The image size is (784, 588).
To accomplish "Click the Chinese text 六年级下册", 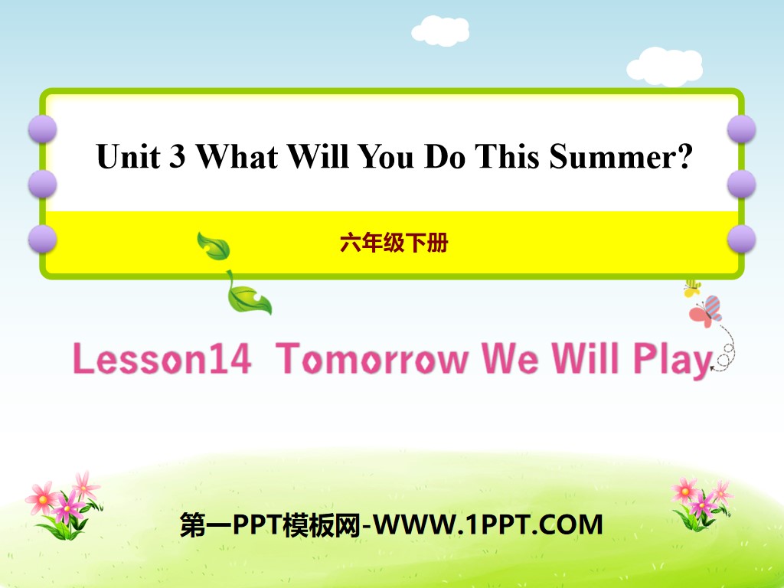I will click(394, 243).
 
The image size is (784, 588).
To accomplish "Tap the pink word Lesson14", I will click(162, 359).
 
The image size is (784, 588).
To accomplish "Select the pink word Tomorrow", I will click(373, 359).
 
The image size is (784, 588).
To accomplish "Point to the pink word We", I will click(506, 359).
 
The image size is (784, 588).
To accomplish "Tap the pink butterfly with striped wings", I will click(706, 311).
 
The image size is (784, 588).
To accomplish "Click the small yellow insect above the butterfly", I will click(692, 288).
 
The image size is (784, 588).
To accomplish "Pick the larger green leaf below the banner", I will click(248, 296).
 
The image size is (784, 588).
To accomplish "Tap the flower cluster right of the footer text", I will click(700, 501).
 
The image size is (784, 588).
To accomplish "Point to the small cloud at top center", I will click(440, 30).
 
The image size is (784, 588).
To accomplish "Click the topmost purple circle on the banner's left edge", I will click(42, 129).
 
